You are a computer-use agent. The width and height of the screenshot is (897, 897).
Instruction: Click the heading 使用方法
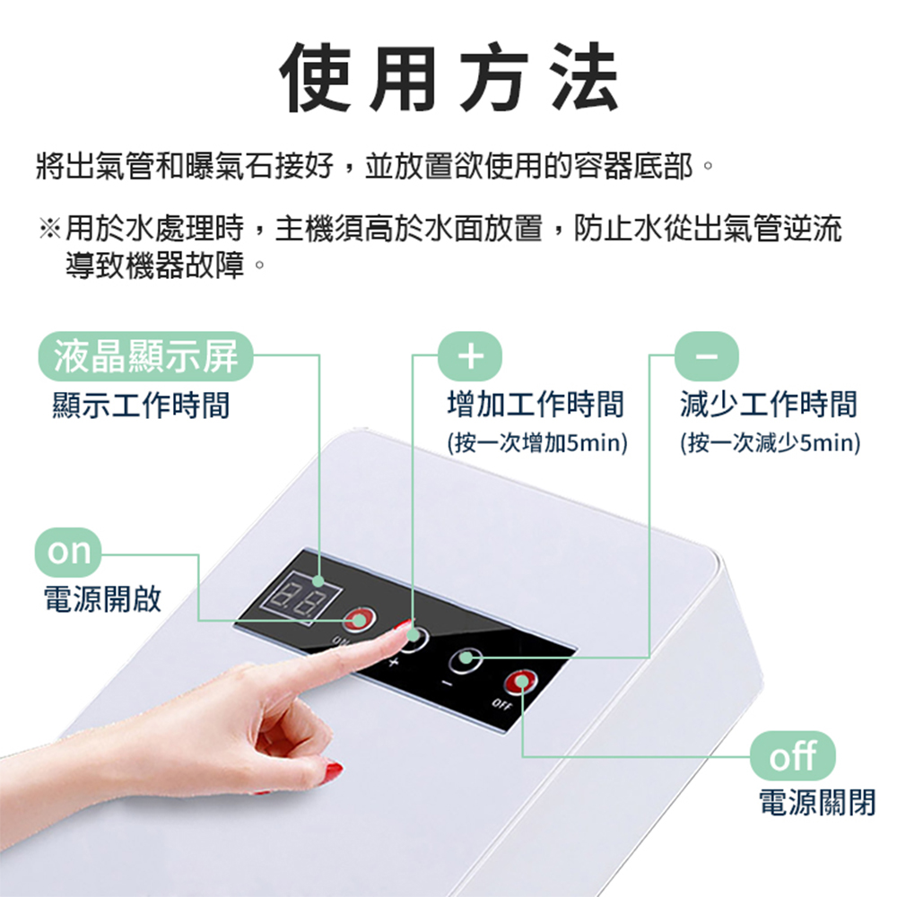(448, 79)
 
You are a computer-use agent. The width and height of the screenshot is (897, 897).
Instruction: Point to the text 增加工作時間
(536, 405)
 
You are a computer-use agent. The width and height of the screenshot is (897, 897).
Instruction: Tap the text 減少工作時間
(769, 405)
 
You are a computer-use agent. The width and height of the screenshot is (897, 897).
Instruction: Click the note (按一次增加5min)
(536, 443)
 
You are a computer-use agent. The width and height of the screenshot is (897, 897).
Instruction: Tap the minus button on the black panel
(466, 659)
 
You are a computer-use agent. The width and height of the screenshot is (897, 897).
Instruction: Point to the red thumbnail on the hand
(334, 770)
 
